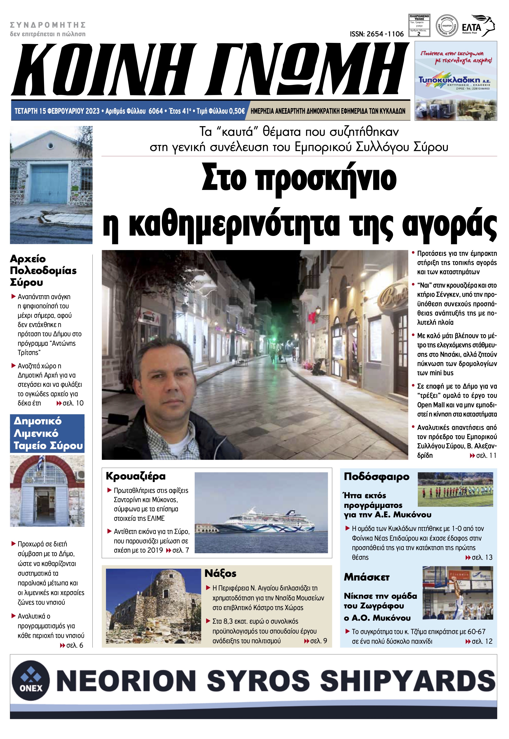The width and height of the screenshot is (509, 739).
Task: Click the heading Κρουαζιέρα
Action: pos(136,476)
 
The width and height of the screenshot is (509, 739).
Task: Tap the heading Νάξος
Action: pos(220,573)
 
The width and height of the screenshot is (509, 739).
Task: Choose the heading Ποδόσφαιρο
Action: pos(376,476)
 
